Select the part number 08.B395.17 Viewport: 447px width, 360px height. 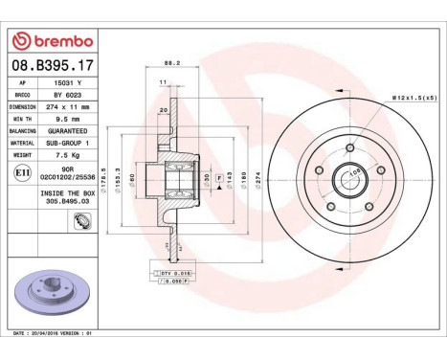[x=52, y=65]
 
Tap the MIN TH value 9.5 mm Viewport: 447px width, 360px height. [x=66, y=119]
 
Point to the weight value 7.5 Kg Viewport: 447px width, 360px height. [x=66, y=153]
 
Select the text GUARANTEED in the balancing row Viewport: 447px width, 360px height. [x=66, y=130]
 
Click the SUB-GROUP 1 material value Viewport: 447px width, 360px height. [x=66, y=142]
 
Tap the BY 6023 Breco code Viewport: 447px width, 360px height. [x=66, y=95]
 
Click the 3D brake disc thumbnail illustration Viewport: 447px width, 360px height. [x=52, y=302]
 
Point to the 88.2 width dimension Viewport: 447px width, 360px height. [x=172, y=64]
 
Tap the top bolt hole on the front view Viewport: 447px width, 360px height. [x=350, y=147]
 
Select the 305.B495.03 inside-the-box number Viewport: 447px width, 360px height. [x=66, y=203]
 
